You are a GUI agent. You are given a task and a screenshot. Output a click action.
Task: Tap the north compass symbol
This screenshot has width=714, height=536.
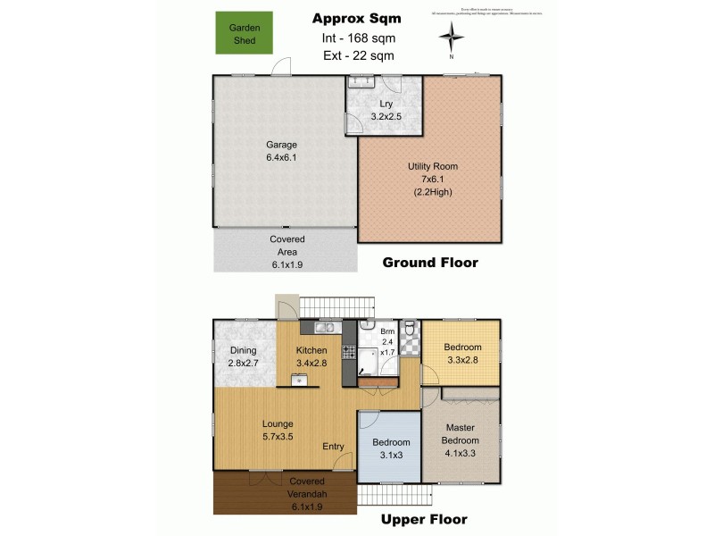tap(452, 38)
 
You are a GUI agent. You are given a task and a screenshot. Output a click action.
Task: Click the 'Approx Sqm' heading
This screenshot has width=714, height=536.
tap(357, 19)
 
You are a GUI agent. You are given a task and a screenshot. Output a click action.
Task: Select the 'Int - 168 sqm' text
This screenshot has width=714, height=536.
tap(357, 38)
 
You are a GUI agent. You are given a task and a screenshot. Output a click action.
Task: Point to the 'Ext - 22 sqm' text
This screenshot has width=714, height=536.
tap(357, 55)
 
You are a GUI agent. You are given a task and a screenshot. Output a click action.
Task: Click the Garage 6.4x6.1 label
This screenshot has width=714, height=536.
tap(281, 151)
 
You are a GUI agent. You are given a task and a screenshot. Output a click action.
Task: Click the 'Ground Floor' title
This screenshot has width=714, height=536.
tap(430, 263)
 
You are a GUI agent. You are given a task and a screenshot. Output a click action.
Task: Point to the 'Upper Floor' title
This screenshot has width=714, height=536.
tap(424, 519)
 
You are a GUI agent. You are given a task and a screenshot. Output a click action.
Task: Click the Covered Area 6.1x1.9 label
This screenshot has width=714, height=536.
tap(287, 252)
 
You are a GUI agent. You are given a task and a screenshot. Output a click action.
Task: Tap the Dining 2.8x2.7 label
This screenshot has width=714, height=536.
tap(243, 356)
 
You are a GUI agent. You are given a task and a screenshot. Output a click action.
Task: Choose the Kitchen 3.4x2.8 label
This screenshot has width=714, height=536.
tap(311, 356)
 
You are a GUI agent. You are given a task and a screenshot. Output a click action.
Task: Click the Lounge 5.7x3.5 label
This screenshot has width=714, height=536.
tap(278, 430)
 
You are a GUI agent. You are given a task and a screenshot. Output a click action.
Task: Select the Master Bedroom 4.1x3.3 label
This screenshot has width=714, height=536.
tap(461, 434)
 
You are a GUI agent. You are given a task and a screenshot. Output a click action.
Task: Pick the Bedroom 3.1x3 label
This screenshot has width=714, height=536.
tap(391, 448)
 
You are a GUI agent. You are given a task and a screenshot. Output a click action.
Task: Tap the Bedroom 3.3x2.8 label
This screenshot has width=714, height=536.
tap(462, 354)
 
